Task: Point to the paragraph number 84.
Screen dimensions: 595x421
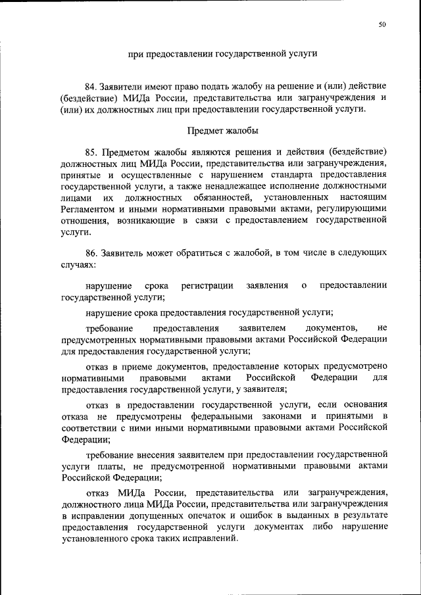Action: (x=91, y=87)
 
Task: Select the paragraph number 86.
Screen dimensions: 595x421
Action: (x=91, y=252)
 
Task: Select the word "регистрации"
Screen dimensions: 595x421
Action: (x=207, y=286)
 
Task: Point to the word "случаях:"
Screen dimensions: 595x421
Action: (x=78, y=264)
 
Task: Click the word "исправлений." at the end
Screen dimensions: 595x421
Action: (x=210, y=538)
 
